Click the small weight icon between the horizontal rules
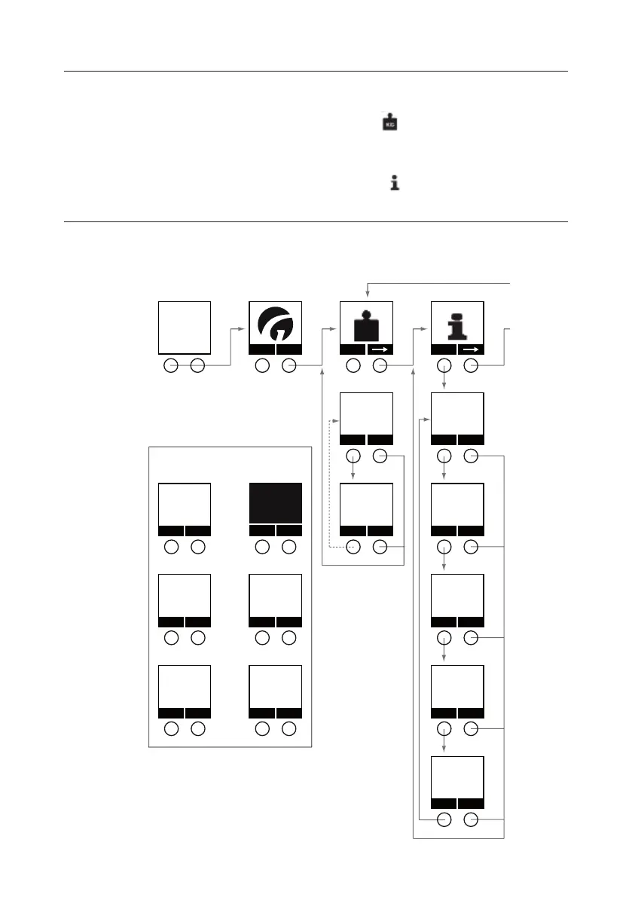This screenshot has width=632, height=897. pyautogui.click(x=388, y=123)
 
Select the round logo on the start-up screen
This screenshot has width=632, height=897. pyautogui.click(x=275, y=323)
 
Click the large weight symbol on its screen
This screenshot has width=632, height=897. pyautogui.click(x=365, y=323)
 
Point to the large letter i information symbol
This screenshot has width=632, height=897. pyautogui.click(x=456, y=323)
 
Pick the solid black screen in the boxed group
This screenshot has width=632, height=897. pyautogui.click(x=276, y=502)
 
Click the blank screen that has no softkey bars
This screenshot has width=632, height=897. pyautogui.click(x=185, y=327)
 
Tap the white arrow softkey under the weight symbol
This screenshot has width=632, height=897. pyautogui.click(x=380, y=349)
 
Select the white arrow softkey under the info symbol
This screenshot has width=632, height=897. pyautogui.click(x=470, y=349)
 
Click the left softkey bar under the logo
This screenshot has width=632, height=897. pyautogui.click(x=262, y=349)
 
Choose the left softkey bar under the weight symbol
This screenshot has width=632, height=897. pyautogui.click(x=353, y=349)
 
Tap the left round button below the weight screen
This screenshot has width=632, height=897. pyautogui.click(x=353, y=366)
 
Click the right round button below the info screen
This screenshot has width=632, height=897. pyautogui.click(x=471, y=366)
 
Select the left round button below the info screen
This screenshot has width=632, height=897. pyautogui.click(x=444, y=366)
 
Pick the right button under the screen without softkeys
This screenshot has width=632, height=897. pyautogui.click(x=198, y=366)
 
